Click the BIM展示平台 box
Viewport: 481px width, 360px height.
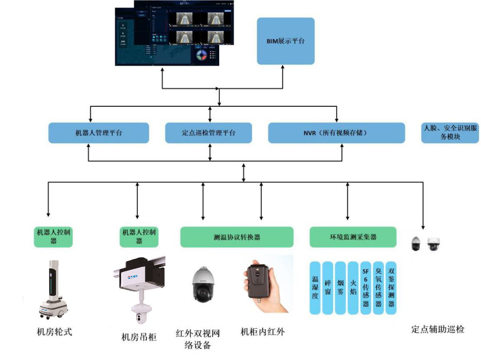click(285, 41)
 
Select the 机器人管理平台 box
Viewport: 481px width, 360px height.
click(99, 133)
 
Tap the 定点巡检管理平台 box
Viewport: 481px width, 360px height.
click(208, 133)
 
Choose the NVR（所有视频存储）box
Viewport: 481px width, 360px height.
click(336, 133)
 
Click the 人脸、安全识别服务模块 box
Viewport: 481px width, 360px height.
click(450, 133)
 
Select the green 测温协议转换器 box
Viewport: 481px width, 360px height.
click(237, 237)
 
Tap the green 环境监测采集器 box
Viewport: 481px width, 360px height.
click(353, 237)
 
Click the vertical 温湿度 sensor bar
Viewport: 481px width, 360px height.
click(315, 288)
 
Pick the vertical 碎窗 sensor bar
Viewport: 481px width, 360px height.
click(328, 288)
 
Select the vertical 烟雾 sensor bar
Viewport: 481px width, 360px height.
click(341, 288)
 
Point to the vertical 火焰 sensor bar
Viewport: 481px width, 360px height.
click(353, 288)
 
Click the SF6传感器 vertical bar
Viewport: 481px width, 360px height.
click(366, 288)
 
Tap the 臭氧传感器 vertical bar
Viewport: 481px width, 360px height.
click(379, 288)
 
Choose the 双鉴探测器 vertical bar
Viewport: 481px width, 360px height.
click(391, 288)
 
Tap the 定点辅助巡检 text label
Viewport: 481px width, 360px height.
click(438, 330)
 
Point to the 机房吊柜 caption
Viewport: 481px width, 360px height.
click(138, 337)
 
